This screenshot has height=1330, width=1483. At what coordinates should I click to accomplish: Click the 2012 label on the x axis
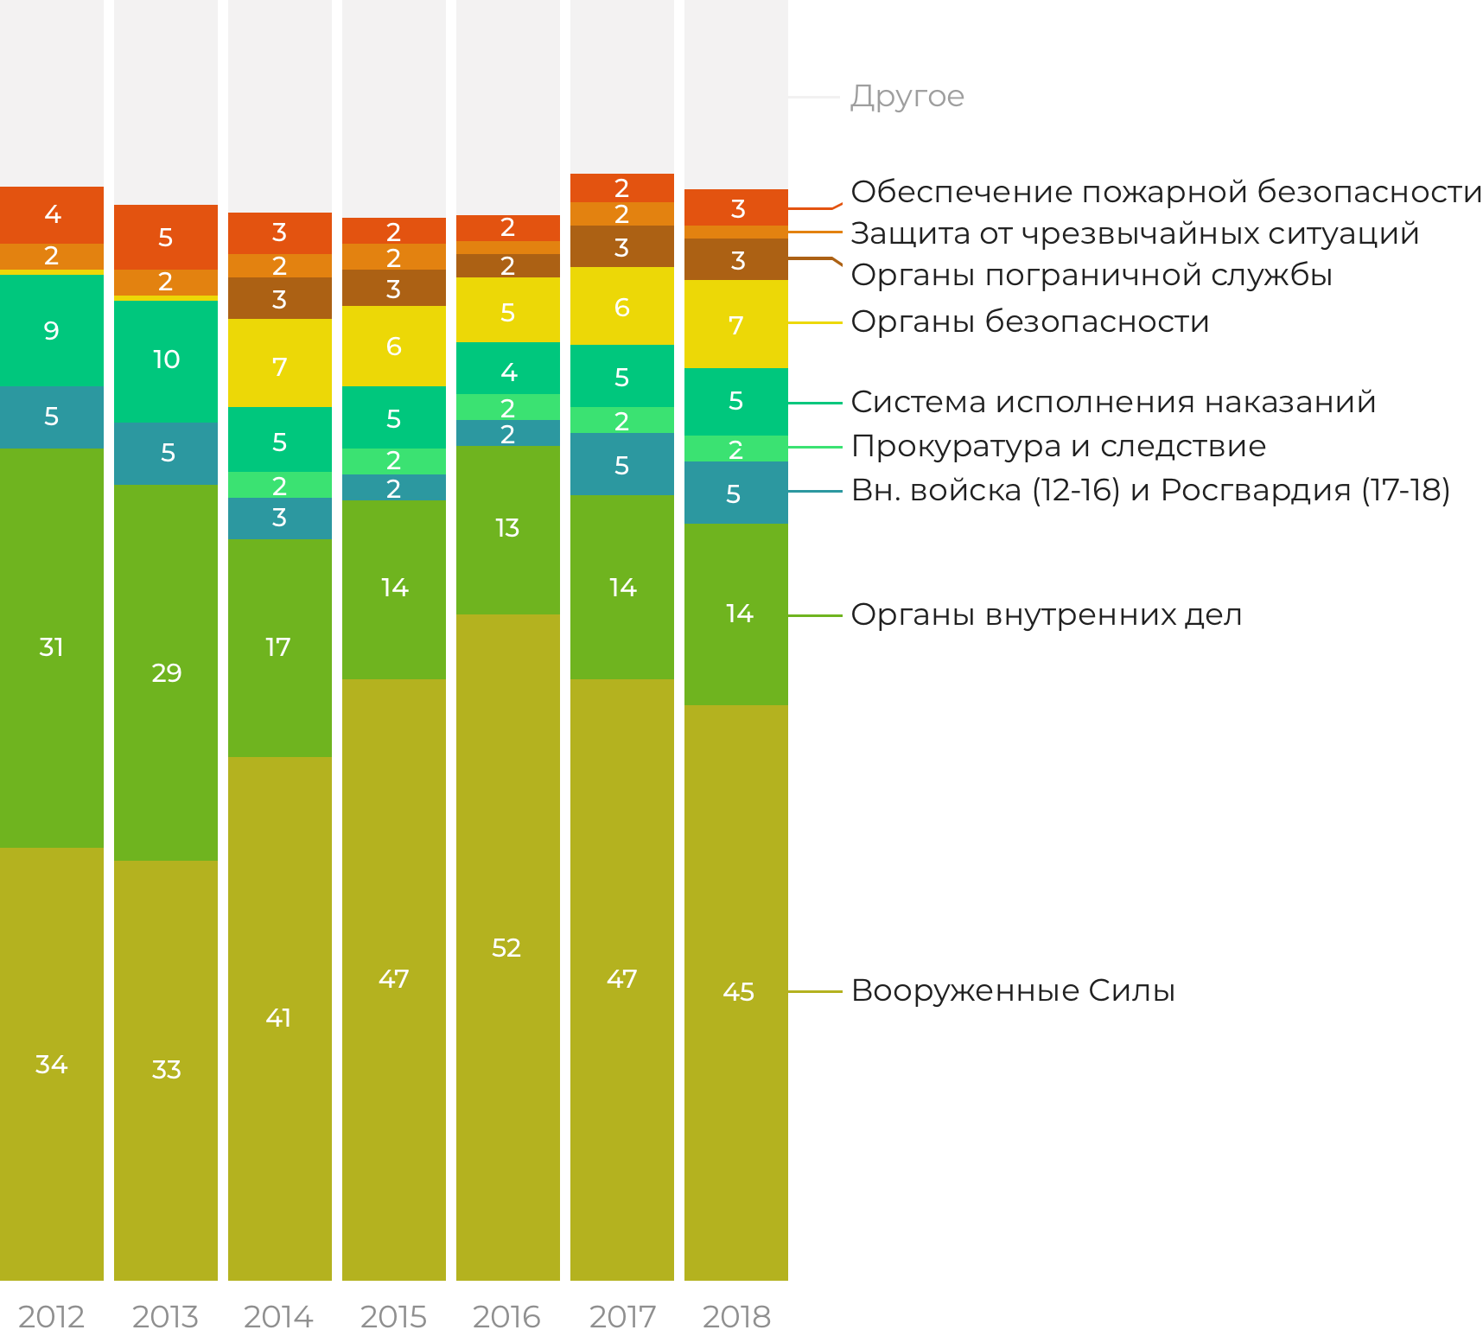click(51, 1316)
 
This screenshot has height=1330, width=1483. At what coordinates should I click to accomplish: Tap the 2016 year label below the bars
click(506, 1316)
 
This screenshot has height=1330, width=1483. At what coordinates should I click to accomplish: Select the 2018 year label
click(735, 1316)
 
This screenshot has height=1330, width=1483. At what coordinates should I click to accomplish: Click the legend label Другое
click(907, 97)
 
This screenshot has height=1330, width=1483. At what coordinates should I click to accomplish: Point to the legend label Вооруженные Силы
click(1013, 990)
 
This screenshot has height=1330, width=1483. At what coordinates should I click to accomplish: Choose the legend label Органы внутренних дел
click(1047, 614)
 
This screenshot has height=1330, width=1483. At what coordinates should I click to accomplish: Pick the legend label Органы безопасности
click(1030, 321)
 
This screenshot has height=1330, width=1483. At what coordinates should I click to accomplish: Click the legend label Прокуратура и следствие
click(1059, 446)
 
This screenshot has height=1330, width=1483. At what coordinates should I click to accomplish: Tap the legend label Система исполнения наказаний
click(1113, 402)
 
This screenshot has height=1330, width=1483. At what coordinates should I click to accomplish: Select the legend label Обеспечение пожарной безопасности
click(1166, 192)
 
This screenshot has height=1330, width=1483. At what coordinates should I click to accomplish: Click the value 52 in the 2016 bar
click(506, 948)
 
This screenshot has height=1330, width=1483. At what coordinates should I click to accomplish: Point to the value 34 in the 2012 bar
click(51, 1065)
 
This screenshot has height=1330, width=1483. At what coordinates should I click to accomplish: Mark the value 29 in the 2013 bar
click(166, 673)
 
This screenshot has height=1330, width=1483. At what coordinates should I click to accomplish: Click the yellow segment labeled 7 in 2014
click(279, 366)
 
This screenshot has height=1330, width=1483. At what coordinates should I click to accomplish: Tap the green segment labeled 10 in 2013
click(166, 360)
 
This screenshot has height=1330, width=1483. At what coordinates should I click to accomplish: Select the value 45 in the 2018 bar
click(738, 992)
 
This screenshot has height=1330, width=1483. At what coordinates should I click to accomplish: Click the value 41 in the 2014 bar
click(278, 1018)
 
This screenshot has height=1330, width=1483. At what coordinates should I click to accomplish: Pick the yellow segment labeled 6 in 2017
click(621, 308)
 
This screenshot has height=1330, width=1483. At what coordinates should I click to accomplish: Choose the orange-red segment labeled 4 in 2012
click(52, 214)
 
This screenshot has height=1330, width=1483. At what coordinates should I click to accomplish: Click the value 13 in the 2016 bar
click(507, 528)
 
